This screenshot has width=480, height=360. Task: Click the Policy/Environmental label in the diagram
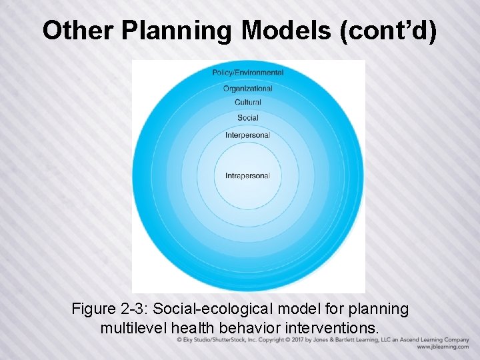click(x=248, y=73)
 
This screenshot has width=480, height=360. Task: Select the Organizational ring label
click(x=248, y=88)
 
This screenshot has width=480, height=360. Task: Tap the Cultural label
click(x=248, y=103)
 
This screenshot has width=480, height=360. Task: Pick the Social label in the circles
click(x=248, y=118)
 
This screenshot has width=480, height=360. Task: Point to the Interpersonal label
click(x=248, y=135)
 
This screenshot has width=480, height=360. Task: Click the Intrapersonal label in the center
click(x=248, y=176)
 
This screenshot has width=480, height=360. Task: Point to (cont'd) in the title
click(x=388, y=31)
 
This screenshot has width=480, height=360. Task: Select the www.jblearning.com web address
click(x=443, y=347)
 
